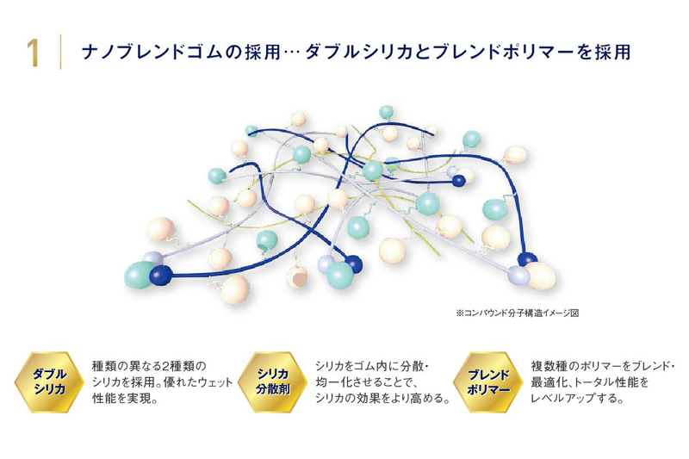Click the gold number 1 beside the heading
32,53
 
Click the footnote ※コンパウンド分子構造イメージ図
517,313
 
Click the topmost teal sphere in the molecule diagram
387,112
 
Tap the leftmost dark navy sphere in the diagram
160,275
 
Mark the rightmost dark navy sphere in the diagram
526,258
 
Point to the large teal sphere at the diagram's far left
140,276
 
